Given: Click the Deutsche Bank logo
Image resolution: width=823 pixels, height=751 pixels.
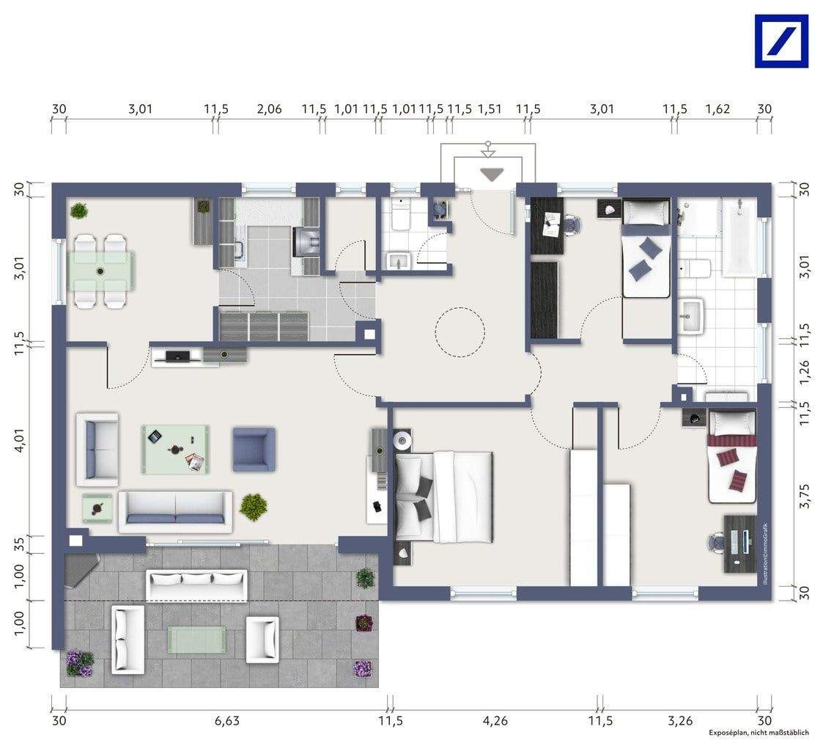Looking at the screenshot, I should [781, 41].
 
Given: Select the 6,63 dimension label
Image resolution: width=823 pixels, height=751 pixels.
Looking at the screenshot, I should [227, 720].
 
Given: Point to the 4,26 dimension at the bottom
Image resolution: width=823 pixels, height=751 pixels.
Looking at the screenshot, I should [495, 720].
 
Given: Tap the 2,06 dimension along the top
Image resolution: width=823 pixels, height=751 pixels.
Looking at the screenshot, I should [270, 109].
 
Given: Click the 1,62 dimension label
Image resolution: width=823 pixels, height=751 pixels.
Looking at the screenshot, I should [717, 109].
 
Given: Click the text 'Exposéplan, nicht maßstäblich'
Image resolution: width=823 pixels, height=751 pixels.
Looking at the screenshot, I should [759, 733].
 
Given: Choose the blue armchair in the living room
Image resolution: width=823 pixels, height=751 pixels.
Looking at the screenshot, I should [254, 449].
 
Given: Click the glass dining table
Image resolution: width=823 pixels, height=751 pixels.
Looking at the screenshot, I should [103, 270].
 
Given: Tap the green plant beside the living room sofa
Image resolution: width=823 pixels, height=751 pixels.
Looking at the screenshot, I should [253, 506].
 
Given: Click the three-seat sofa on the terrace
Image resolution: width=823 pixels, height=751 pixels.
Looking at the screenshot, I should [196, 585].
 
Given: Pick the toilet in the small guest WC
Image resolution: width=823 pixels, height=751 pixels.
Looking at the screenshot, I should [400, 215].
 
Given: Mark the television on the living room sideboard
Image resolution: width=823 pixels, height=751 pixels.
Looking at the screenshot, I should [178, 356].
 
